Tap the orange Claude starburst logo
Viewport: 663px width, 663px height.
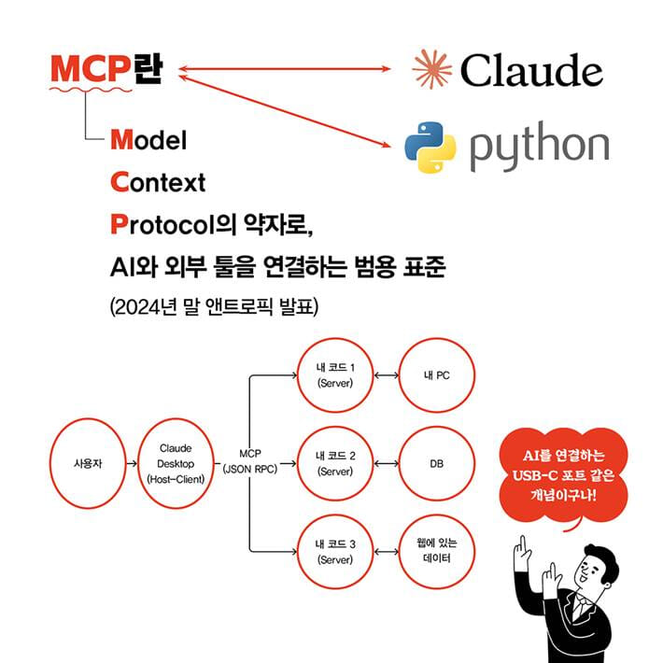point(431,69)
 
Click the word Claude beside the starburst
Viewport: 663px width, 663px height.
point(531,70)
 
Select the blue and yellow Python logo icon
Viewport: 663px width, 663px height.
point(430,148)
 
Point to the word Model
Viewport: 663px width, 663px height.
point(148,139)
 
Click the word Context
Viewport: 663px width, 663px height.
point(158,182)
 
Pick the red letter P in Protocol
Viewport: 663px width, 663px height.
point(119,224)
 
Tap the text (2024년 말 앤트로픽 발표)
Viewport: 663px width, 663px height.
point(214,306)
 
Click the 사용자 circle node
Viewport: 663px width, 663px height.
point(88,463)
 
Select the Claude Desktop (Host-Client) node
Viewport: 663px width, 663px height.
point(176,463)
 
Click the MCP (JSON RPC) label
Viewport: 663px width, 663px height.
point(250,461)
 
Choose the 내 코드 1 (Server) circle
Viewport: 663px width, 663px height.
point(336,375)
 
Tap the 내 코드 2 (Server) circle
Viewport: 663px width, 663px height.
point(336,463)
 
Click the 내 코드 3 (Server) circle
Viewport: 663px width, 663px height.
point(336,551)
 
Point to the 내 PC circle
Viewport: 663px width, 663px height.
point(437,375)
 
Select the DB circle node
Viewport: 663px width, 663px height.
point(437,463)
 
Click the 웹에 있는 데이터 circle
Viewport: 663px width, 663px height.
point(437,551)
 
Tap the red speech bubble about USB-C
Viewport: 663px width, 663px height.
point(563,476)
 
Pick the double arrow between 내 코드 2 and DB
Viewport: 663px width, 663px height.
point(387,464)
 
